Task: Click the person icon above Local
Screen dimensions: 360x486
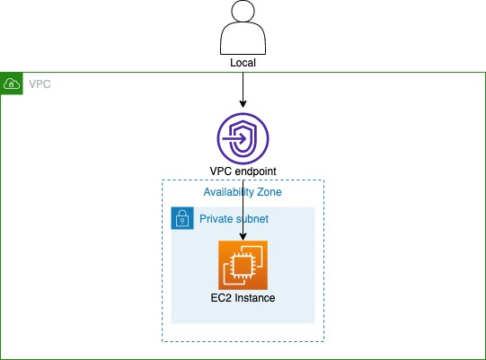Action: [x=243, y=30]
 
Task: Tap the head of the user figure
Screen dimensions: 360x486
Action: [x=243, y=13]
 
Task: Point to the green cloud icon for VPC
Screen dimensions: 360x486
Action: [x=13, y=83]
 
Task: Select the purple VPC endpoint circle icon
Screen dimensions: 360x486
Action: [x=243, y=139]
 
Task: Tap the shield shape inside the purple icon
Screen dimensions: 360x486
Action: [x=249, y=139]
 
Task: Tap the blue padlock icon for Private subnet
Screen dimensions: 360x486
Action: [x=182, y=218]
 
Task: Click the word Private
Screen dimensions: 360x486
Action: [x=218, y=218]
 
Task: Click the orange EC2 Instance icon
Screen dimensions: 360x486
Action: [x=243, y=265]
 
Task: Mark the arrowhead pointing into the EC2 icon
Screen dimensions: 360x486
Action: [x=243, y=236]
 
